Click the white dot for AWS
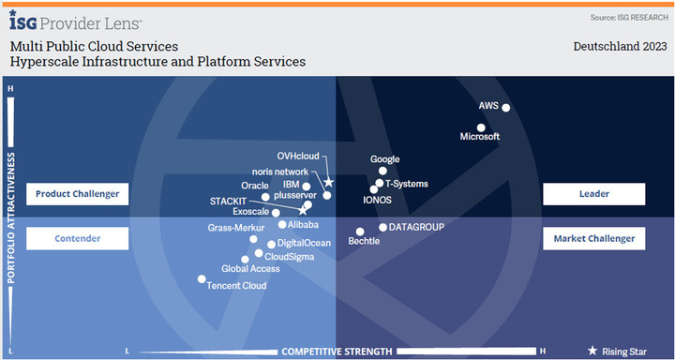506,108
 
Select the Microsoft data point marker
481,127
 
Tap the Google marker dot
382,172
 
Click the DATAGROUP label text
416,227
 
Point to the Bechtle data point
360,232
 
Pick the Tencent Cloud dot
201,278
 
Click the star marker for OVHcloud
328,182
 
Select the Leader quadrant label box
593,194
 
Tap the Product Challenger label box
77,194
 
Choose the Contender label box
77,239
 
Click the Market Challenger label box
593,239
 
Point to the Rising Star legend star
592,351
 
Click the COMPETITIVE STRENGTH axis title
337,352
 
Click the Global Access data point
245,260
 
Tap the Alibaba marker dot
282,225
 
